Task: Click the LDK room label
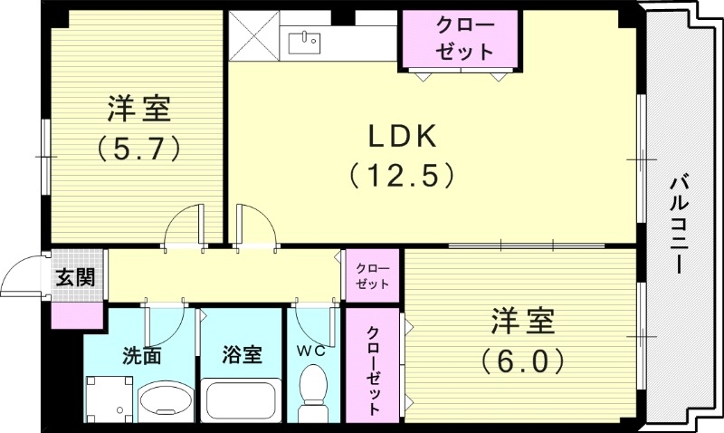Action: pyautogui.click(x=402, y=137)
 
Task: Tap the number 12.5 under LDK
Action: pyautogui.click(x=402, y=173)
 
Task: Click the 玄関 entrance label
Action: pyautogui.click(x=76, y=276)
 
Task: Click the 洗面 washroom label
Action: pyautogui.click(x=141, y=355)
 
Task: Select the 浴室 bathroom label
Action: pyautogui.click(x=243, y=355)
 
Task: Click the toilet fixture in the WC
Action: pyautogui.click(x=314, y=395)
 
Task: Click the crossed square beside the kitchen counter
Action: pyautogui.click(x=253, y=36)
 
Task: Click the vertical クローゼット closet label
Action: pyautogui.click(x=373, y=365)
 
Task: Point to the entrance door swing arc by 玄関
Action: pyautogui.click(x=22, y=276)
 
